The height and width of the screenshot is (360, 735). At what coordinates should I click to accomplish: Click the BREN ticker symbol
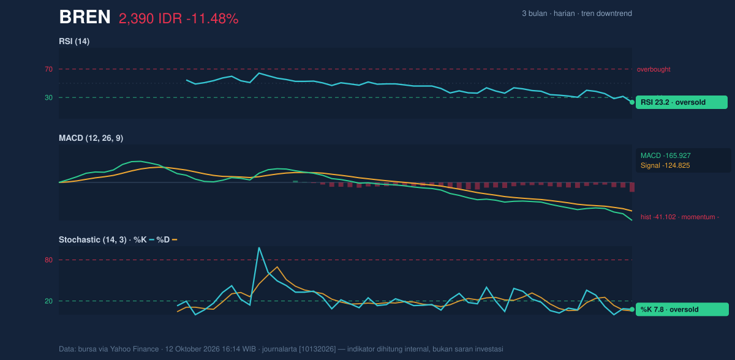click(85, 17)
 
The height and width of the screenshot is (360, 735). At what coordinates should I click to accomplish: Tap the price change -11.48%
click(213, 19)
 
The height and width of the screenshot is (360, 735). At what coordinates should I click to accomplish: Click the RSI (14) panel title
click(74, 41)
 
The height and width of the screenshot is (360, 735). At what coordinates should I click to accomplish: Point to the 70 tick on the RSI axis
click(48, 69)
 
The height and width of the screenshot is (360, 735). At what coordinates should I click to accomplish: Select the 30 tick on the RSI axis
click(48, 98)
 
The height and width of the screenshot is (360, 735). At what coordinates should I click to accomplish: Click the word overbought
click(654, 70)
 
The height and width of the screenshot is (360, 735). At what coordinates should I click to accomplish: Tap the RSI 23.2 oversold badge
click(682, 102)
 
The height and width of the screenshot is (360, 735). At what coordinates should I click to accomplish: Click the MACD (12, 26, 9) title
click(91, 138)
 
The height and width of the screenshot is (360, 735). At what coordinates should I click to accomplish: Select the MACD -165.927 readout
click(665, 156)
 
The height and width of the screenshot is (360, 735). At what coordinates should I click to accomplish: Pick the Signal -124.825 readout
click(665, 165)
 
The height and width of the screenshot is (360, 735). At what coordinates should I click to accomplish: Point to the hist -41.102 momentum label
click(680, 217)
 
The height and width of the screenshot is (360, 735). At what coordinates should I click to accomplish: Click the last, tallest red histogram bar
click(632, 187)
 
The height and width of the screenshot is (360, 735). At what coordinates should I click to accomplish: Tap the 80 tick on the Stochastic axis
click(48, 260)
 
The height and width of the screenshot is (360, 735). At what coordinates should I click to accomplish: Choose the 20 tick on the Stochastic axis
click(48, 301)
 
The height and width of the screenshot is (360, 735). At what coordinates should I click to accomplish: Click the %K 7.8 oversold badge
click(682, 310)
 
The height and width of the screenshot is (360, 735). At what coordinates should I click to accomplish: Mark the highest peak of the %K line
click(259, 248)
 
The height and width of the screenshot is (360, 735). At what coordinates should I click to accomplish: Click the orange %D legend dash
click(175, 239)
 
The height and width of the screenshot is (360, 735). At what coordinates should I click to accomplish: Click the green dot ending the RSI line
click(632, 102)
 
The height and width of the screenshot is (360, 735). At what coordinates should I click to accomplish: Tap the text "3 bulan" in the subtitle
click(535, 13)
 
